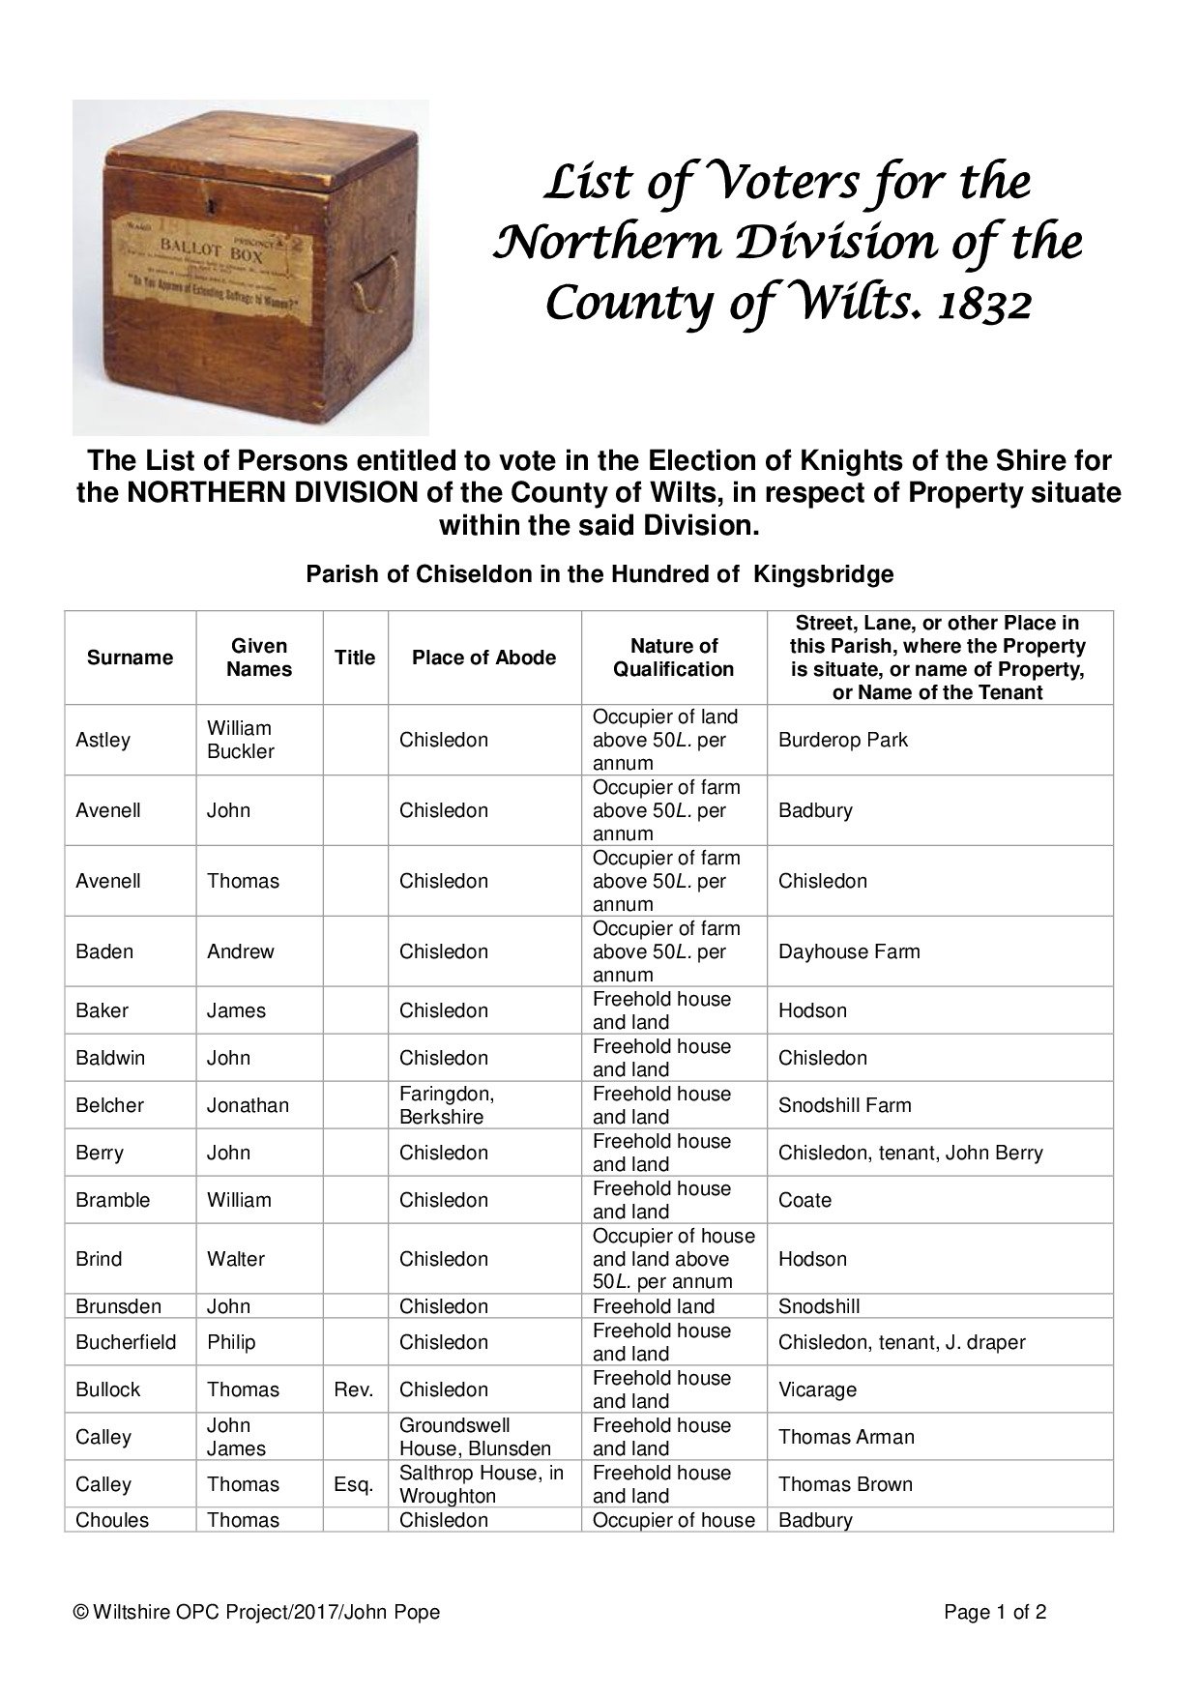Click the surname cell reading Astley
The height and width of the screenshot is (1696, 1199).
[x=102, y=740]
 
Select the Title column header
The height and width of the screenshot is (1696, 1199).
[x=355, y=658]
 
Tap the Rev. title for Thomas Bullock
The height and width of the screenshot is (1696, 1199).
[x=354, y=1389]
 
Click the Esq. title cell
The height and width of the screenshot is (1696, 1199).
[x=354, y=1484]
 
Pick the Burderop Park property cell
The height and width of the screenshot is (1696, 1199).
[x=842, y=740]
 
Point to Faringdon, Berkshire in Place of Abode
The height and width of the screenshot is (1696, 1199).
[x=447, y=1105]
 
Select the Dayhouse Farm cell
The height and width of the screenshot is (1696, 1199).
[x=848, y=951]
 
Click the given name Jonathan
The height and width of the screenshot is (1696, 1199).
[x=248, y=1105]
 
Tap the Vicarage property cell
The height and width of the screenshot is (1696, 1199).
[x=817, y=1389]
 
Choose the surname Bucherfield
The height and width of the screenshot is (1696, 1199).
[x=126, y=1342]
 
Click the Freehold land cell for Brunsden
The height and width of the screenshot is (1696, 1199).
[x=654, y=1306]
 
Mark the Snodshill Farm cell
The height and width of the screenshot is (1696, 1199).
[x=844, y=1105]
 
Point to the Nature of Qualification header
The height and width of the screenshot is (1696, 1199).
[x=674, y=658]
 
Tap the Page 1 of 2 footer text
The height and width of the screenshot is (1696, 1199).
[x=995, y=1612]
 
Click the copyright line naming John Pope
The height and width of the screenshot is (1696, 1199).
[x=257, y=1612]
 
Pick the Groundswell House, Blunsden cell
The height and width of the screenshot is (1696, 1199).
[x=475, y=1437]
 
